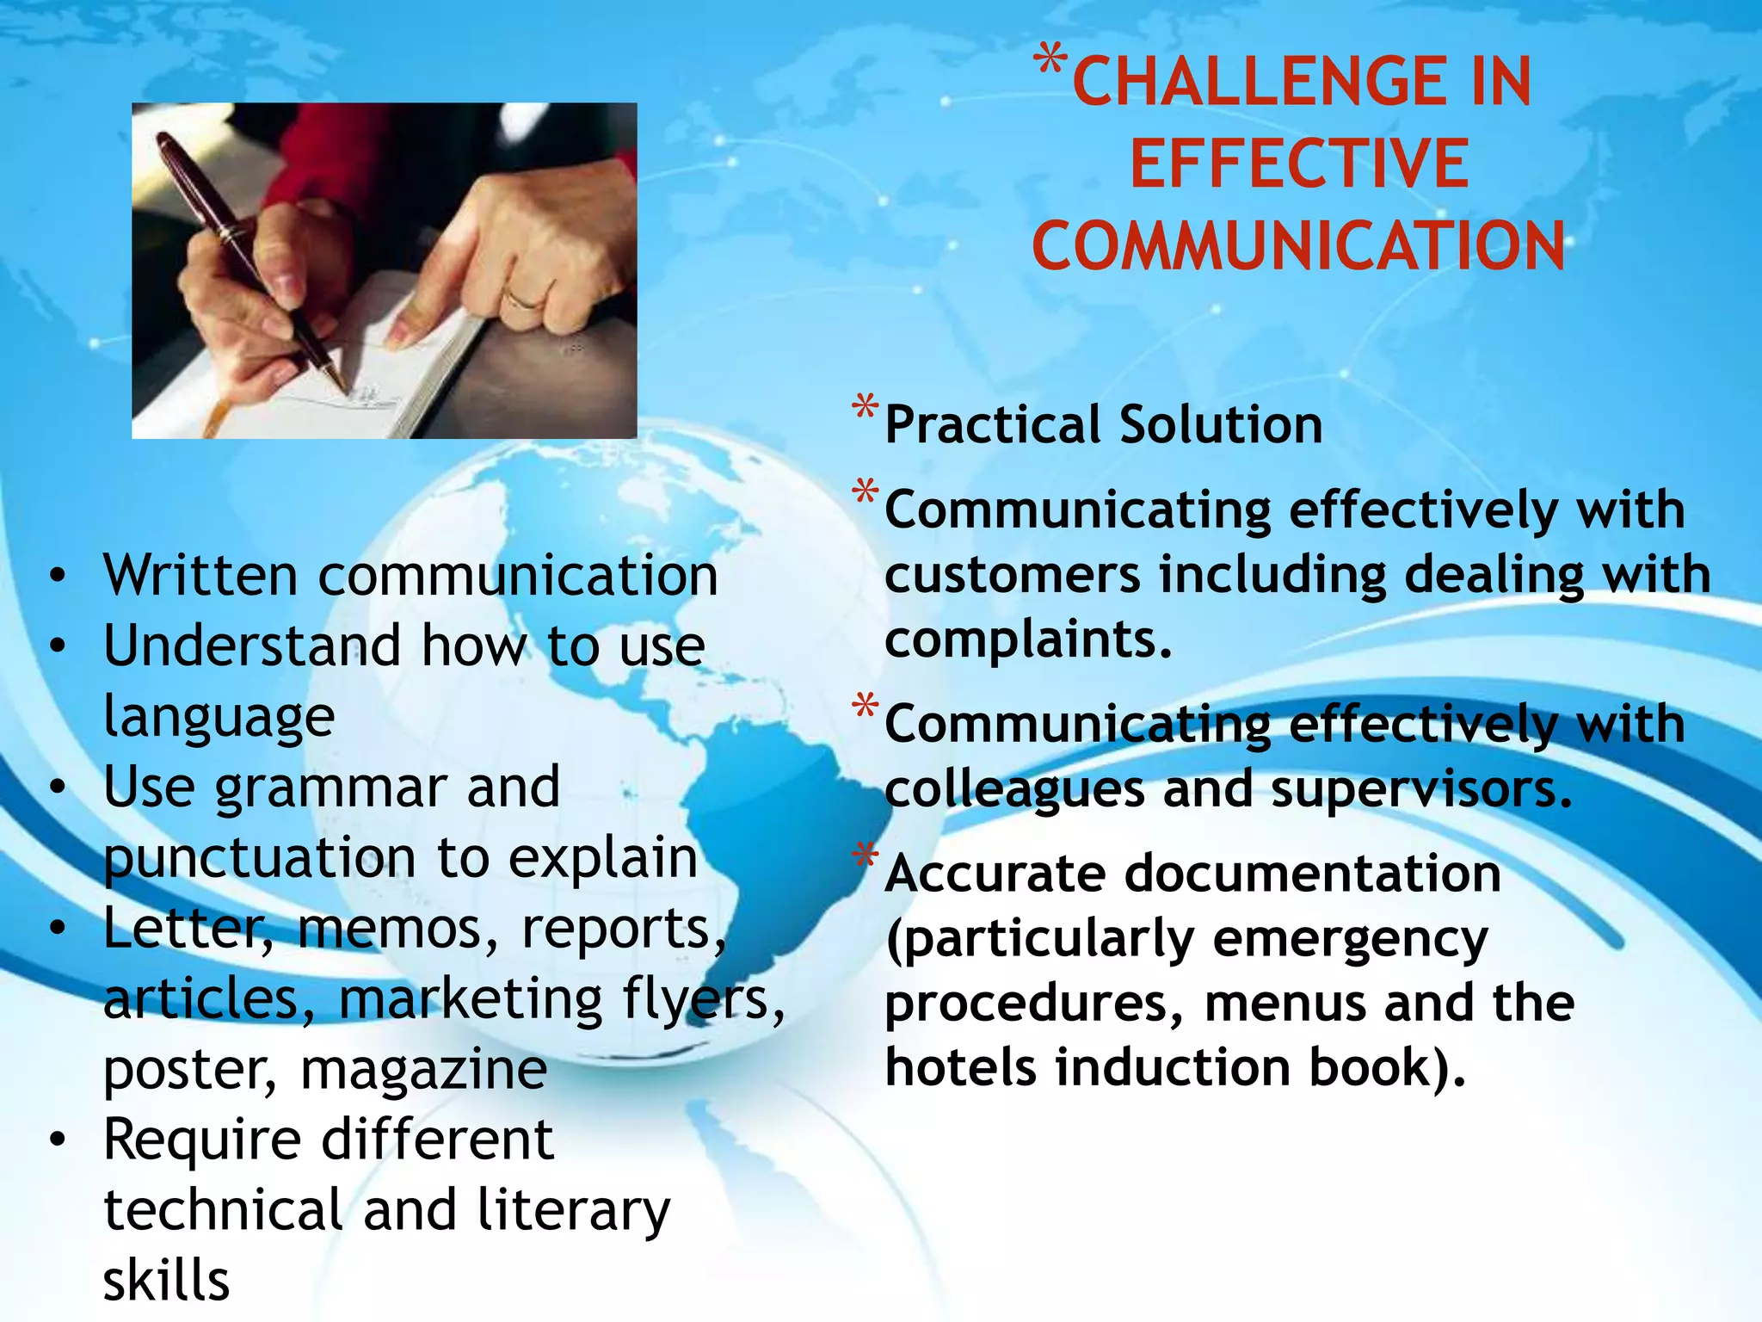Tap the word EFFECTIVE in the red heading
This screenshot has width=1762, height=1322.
[x=1299, y=164]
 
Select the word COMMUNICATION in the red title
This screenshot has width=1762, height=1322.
[x=1298, y=246]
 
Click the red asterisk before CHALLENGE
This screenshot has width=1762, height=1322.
[x=1050, y=62]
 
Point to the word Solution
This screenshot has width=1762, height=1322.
[x=1221, y=424]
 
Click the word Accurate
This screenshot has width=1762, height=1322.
[x=995, y=874]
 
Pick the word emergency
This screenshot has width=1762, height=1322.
[x=1350, y=940]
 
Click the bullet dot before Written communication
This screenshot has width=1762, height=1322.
[x=58, y=577]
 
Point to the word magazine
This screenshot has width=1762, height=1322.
[x=423, y=1070]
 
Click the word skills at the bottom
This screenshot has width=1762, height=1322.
[x=167, y=1281]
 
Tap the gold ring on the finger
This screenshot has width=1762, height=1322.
[x=523, y=298]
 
